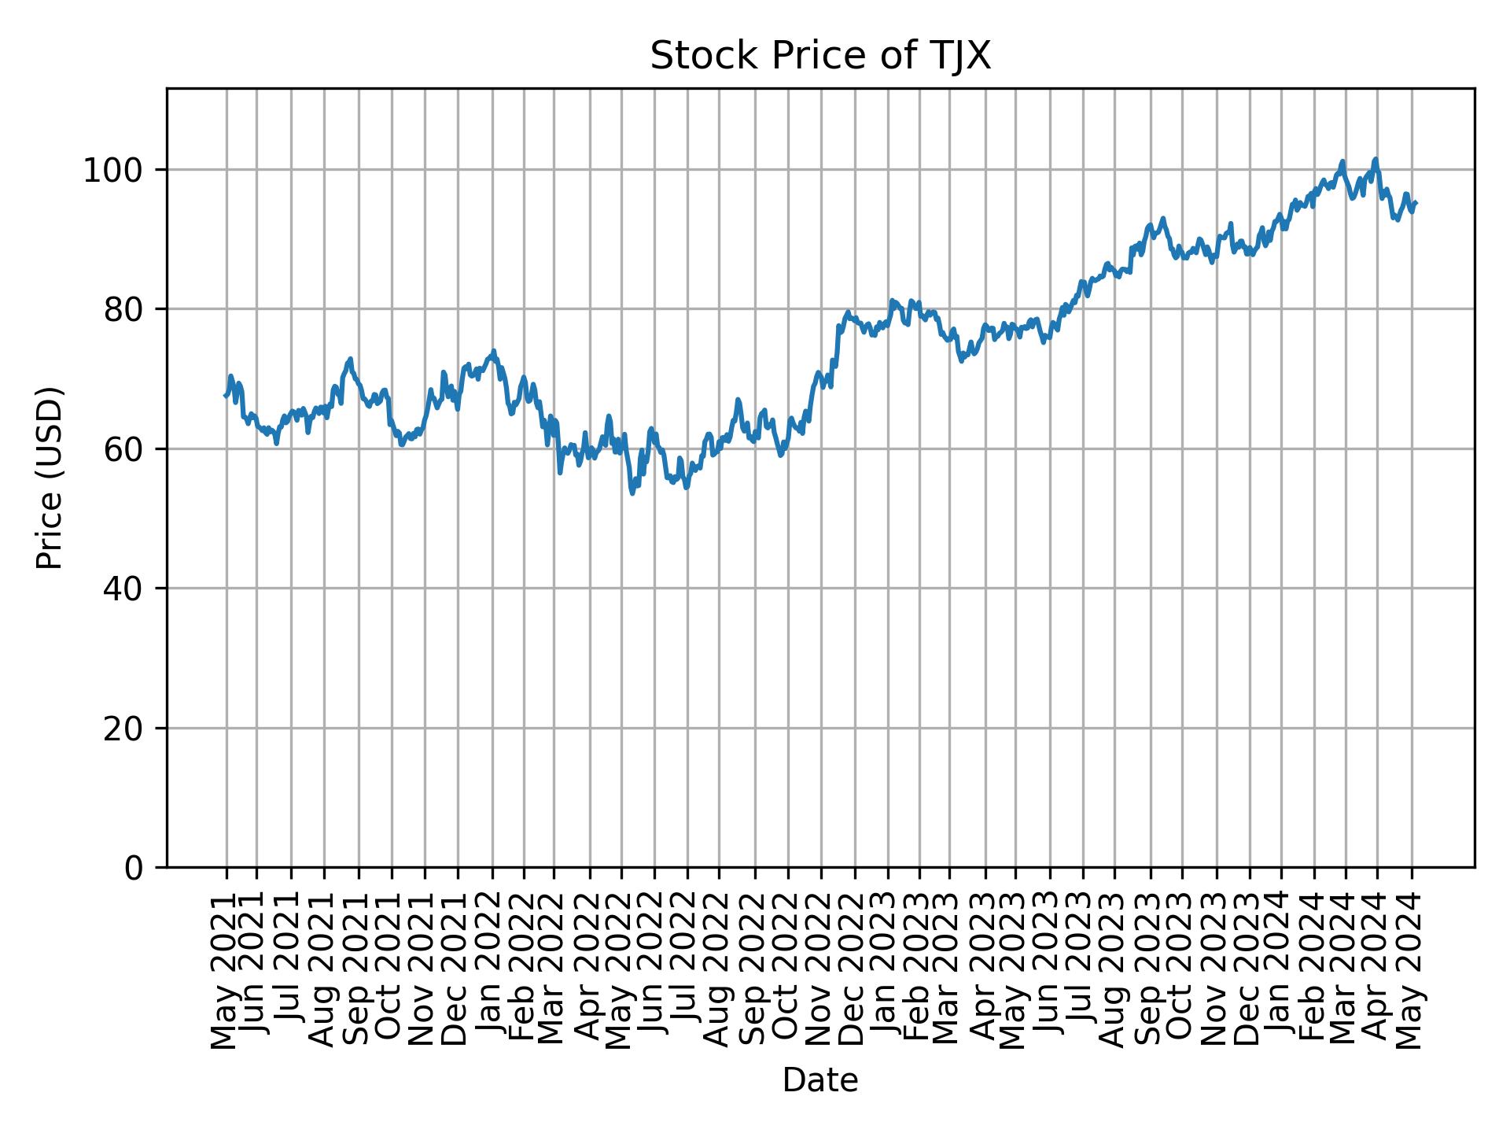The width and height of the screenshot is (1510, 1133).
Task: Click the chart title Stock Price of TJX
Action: pyautogui.click(x=820, y=57)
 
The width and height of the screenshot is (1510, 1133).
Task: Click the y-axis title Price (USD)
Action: pyautogui.click(x=50, y=478)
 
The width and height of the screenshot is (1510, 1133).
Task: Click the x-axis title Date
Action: pyautogui.click(x=820, y=1080)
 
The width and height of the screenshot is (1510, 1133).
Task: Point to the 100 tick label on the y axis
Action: pyautogui.click(x=118, y=171)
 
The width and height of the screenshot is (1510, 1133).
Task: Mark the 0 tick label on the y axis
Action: pyautogui.click(x=135, y=868)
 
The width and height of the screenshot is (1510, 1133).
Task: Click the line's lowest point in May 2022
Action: pyautogui.click(x=632, y=493)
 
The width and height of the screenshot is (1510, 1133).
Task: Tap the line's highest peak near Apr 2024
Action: pyautogui.click(x=1376, y=159)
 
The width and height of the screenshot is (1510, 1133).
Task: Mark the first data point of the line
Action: pyautogui.click(x=226, y=396)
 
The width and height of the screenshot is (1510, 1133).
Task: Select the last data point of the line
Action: pyautogui.click(x=1416, y=203)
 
